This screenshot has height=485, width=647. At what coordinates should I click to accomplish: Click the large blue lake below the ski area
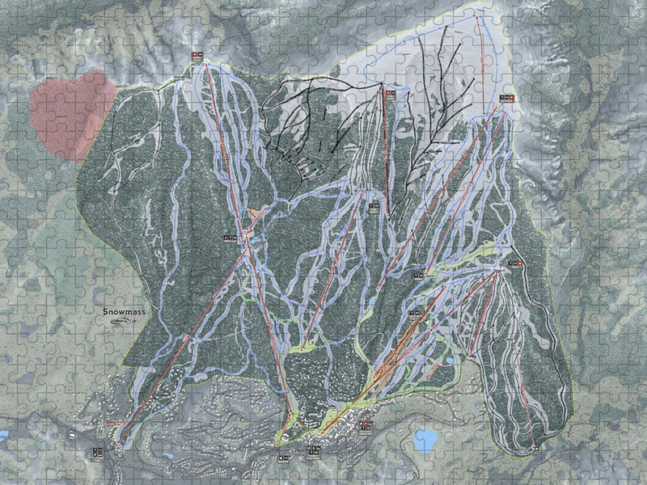pos(425,441)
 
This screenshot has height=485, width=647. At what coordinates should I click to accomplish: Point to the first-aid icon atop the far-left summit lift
pos(197,55)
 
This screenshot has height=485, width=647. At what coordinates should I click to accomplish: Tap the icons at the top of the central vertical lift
pos(391,93)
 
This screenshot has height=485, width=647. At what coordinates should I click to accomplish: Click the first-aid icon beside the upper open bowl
pos(506,98)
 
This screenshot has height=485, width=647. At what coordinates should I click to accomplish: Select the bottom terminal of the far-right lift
pos(535,447)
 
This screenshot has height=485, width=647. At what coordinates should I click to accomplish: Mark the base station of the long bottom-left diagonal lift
pos(119,443)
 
